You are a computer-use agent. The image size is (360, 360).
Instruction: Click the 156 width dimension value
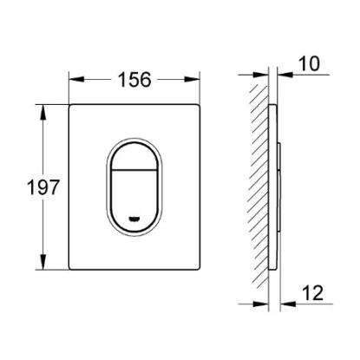coord(134,80)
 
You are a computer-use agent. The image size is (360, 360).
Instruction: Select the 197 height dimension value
coord(43,187)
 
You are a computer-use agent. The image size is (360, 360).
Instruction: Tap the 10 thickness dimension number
coord(309,63)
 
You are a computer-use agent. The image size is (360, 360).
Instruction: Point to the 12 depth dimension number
coord(313,293)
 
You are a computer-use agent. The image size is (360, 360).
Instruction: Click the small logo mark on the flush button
coord(134,219)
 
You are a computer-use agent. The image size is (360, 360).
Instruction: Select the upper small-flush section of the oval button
coord(134,156)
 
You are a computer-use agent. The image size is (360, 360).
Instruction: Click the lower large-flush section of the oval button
coord(134,200)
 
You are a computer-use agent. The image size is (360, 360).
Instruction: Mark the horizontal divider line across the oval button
coord(134,170)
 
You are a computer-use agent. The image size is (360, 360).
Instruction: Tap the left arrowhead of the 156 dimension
coord(76,80)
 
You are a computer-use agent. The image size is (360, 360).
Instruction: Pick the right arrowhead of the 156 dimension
coord(193,80)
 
